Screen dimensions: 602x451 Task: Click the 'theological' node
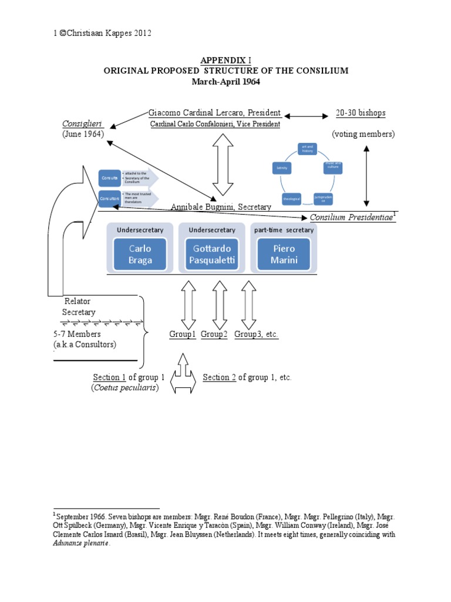pyautogui.click(x=292, y=199)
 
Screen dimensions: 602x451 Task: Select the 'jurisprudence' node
pyautogui.click(x=323, y=198)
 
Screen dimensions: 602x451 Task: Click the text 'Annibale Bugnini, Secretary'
pyautogui.click(x=221, y=207)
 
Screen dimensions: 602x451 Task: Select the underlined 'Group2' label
pyautogui.click(x=214, y=335)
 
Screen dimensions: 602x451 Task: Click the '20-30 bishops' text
pyautogui.click(x=361, y=113)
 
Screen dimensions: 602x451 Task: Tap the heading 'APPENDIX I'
pyautogui.click(x=225, y=60)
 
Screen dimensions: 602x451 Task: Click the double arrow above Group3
pyautogui.click(x=248, y=305)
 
